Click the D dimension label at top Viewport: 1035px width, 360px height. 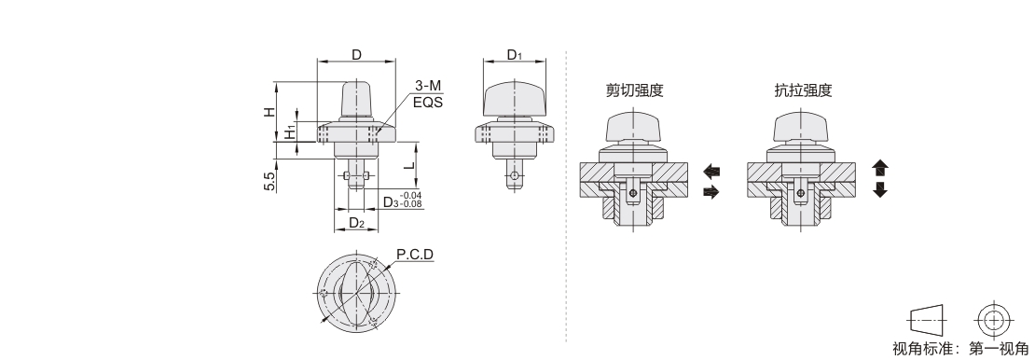(356, 54)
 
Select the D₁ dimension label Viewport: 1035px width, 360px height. (514, 54)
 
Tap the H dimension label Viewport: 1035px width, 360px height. (269, 112)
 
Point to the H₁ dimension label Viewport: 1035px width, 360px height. (290, 132)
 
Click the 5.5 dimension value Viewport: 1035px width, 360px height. (269, 182)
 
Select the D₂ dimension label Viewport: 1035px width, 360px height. (356, 223)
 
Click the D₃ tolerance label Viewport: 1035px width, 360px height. (402, 201)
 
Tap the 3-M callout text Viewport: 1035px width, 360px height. (428, 86)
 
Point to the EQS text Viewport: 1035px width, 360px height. (428, 103)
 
